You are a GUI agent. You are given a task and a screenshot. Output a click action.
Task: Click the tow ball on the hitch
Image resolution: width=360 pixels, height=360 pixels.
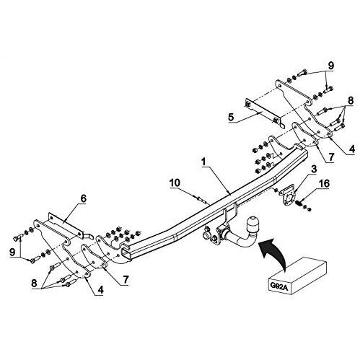tap(252, 224)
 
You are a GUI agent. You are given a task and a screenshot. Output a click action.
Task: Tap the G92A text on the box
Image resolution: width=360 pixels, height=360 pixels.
tap(279, 286)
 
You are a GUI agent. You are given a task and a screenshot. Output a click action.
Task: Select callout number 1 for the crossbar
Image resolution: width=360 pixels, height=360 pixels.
tap(204, 162)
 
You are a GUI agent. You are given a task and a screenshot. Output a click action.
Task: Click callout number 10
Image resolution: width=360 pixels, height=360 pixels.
tap(175, 183)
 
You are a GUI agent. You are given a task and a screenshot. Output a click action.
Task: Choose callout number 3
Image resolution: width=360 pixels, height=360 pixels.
tap(314, 169)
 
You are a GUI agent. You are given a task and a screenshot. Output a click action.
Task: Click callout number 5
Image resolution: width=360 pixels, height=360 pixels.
tap(231, 118)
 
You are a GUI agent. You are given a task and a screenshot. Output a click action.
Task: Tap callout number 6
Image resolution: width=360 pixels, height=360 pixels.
tap(83, 198)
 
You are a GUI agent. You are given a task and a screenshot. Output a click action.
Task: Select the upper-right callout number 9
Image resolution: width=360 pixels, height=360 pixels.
tap(331, 66)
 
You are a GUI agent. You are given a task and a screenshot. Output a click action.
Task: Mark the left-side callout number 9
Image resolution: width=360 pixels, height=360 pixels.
tap(12, 252)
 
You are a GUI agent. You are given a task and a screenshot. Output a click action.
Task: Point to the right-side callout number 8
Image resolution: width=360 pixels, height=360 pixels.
tap(351, 100)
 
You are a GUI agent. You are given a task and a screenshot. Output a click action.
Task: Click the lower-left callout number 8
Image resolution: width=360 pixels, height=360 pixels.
tap(34, 283)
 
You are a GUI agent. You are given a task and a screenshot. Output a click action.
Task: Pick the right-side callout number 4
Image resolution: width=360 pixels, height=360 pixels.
tap(351, 149)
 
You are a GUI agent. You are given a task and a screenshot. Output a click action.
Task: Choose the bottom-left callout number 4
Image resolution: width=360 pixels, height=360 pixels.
tap(100, 290)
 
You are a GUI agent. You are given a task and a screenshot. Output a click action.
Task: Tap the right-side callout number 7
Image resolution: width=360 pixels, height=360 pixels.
tap(331, 157)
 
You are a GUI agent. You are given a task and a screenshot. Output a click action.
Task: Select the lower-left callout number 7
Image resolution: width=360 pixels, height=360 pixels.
tap(126, 280)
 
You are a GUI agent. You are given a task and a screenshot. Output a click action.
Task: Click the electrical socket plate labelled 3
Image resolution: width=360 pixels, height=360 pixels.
tap(289, 196)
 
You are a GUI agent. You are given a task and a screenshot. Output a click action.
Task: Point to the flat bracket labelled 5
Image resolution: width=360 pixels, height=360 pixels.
tap(265, 113)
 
